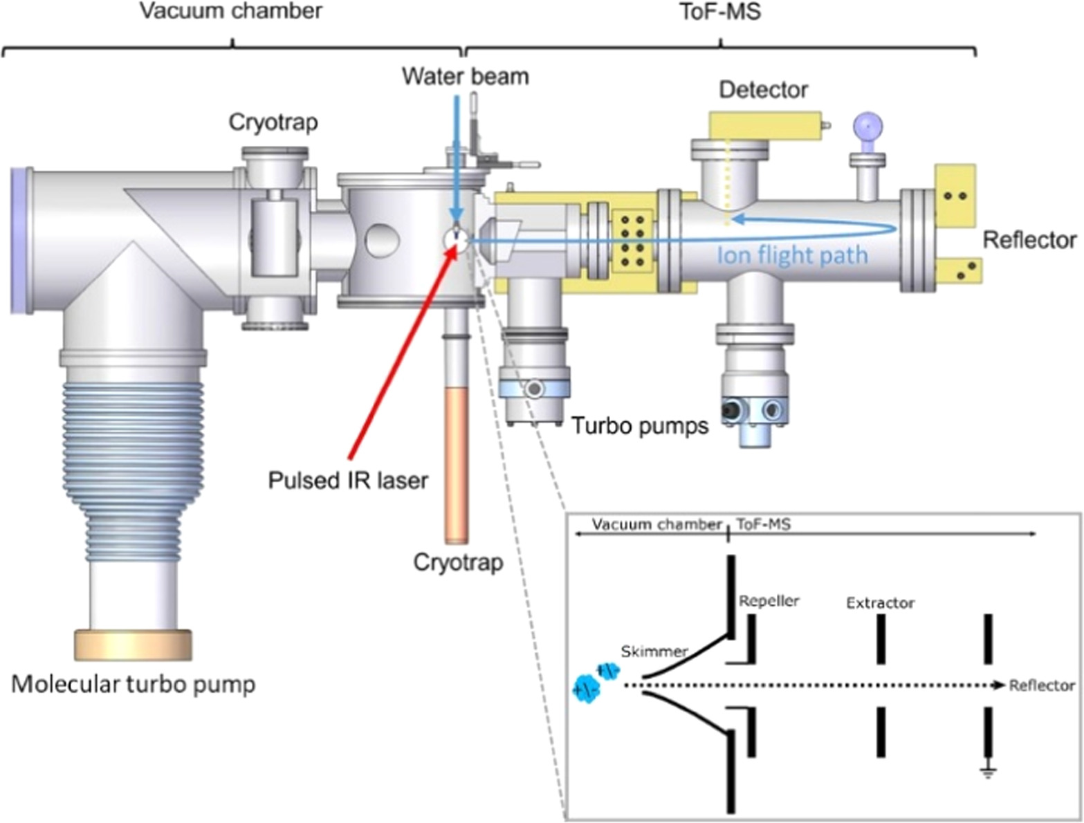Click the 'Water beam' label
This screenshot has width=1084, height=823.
[x=466, y=75]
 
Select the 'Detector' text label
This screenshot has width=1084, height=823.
[x=763, y=89]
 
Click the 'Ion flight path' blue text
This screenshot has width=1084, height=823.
[x=792, y=256]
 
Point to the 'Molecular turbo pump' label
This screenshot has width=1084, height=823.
[x=134, y=684]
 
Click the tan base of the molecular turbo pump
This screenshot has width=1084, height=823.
[x=133, y=645]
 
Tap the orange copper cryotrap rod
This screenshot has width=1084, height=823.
[x=457, y=463]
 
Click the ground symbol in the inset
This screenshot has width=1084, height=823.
[x=989, y=771]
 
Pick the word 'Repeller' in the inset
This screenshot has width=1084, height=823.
[x=769, y=601]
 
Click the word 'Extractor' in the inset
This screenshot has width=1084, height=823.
[x=880, y=603]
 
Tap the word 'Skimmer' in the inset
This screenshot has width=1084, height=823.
[x=654, y=651]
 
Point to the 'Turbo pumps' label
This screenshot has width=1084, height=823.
[x=639, y=425]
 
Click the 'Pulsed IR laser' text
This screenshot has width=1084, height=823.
[x=348, y=480]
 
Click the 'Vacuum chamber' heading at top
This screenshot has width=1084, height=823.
[x=230, y=11]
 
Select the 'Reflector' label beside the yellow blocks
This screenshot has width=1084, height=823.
[x=1029, y=240]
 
